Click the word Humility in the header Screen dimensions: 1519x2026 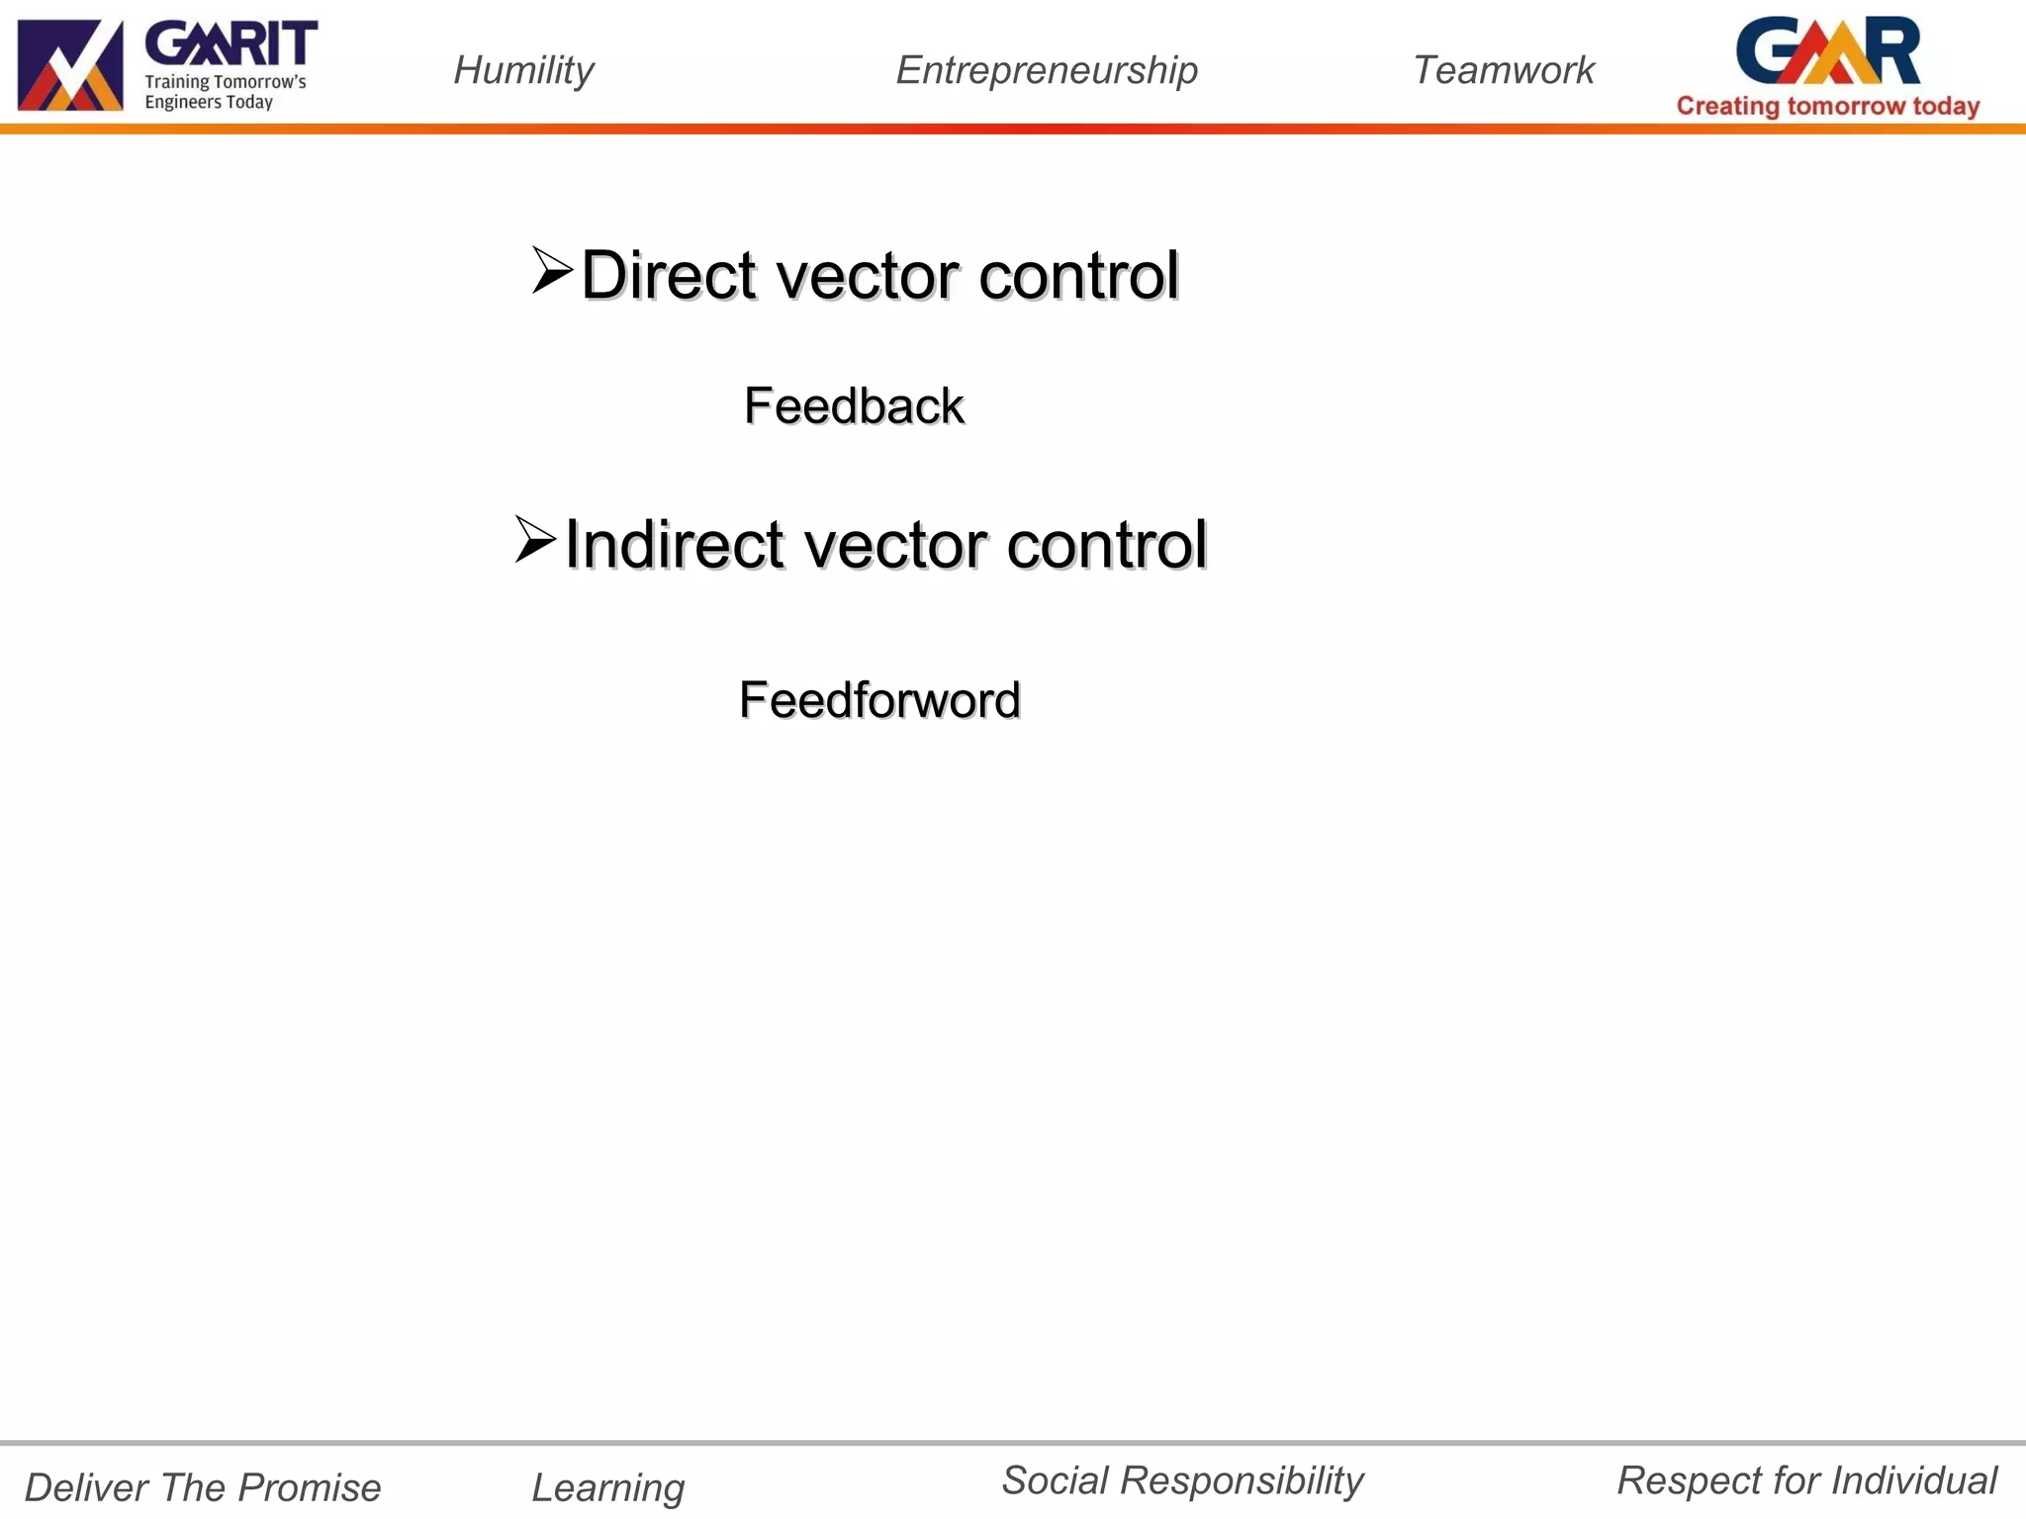523,70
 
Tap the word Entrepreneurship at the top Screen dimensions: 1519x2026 1047,70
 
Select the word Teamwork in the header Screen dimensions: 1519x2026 1503,70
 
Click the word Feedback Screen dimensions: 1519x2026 854,405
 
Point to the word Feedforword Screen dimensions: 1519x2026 879,700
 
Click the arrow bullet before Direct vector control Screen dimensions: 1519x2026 551,270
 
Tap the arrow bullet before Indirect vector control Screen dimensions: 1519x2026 535,540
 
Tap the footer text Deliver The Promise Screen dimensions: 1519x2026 203,1487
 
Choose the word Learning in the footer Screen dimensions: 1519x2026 607,1487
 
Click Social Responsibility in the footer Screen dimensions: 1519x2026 1182,1480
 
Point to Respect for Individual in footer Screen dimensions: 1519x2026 1806,1480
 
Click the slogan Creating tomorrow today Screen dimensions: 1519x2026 1827,106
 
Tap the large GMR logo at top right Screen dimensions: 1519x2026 1827,51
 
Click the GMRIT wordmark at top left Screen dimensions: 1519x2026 231,45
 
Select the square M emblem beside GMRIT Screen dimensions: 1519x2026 70,65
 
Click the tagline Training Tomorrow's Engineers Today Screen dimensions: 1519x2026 225,92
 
